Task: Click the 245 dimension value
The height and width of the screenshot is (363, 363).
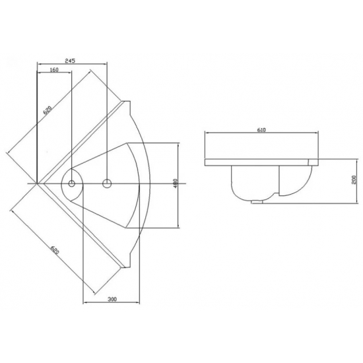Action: coord(70,61)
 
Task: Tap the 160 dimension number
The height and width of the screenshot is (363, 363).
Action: coord(54,70)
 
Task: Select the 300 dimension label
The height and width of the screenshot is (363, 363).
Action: coord(112,299)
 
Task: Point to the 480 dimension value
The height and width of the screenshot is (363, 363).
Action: coord(176,183)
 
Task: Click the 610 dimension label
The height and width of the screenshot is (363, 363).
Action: coord(261,130)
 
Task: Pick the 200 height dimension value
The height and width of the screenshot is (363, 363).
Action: coord(354,180)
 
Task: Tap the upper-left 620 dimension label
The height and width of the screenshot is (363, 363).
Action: coord(48,110)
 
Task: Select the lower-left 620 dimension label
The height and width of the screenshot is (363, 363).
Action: coord(55,250)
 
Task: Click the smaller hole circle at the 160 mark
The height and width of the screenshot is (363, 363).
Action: coord(71,183)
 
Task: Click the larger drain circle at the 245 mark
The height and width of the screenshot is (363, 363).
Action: coord(107,183)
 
